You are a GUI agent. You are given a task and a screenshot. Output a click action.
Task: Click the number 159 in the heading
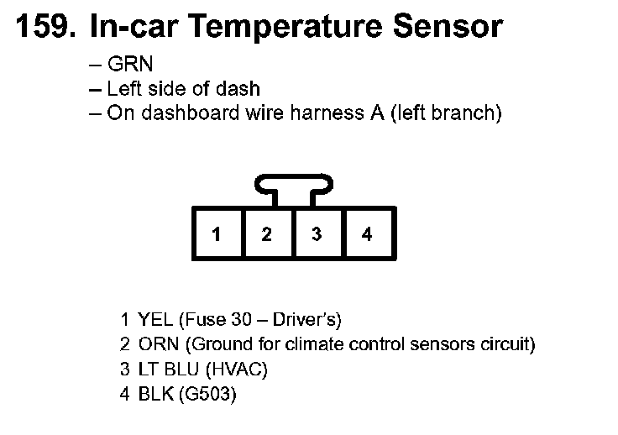point(42,27)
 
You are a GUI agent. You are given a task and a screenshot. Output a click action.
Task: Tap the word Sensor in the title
point(449,27)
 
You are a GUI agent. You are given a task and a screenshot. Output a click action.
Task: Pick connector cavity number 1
point(217,234)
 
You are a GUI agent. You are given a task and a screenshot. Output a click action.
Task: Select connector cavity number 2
point(266,234)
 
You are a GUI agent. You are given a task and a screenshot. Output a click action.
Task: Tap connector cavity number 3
point(316,234)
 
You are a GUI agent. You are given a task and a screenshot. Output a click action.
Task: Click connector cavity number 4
point(366,234)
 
